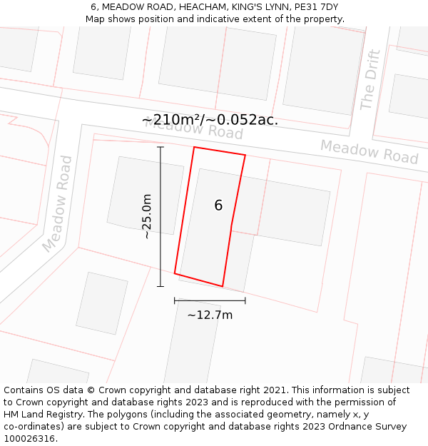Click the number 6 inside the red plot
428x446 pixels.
218,206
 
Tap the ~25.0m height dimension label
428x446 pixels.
146,216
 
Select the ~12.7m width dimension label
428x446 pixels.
210,315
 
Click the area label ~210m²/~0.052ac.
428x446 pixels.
210,120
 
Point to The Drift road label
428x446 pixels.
369,80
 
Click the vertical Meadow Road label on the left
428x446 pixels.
57,204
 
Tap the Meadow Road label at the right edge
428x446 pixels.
369,151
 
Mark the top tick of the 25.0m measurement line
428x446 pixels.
160,147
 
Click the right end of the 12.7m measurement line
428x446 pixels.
245,300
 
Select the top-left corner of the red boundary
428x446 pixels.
194,148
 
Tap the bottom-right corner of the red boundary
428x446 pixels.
223,286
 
